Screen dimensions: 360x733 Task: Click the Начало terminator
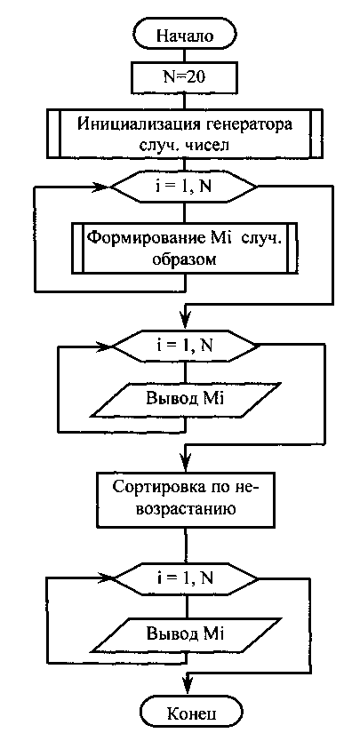click(x=185, y=35)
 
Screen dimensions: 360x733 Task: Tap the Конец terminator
click(x=192, y=713)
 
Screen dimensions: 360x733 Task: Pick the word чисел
click(x=209, y=146)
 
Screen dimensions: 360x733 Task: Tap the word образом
click(x=186, y=259)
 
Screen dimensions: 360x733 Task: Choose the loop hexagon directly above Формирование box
click(x=184, y=187)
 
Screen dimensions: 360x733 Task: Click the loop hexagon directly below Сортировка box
click(x=186, y=578)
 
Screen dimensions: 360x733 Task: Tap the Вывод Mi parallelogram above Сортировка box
click(x=186, y=399)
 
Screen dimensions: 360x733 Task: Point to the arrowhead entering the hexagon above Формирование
click(x=103, y=187)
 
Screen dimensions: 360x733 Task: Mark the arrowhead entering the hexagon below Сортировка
click(x=107, y=578)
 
